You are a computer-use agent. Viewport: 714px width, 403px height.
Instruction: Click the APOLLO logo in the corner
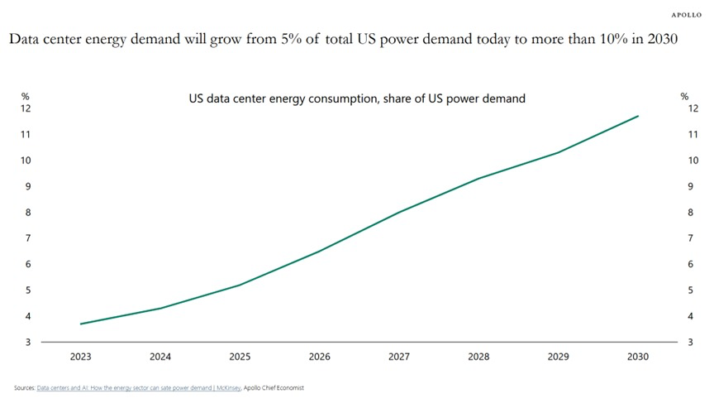tap(686, 15)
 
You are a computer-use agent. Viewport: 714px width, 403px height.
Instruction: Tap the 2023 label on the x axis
tap(81, 357)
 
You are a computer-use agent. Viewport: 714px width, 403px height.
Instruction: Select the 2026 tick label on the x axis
tap(319, 357)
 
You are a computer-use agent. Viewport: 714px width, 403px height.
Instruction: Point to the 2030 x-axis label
tap(637, 357)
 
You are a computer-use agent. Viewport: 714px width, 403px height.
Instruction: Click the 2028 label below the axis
tap(478, 357)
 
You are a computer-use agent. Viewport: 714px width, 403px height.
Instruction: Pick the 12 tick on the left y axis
tap(26, 108)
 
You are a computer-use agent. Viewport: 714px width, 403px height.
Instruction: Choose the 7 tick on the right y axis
tap(690, 238)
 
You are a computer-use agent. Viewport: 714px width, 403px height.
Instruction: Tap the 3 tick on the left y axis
tap(28, 342)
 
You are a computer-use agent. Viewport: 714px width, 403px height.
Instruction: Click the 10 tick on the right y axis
tap(693, 161)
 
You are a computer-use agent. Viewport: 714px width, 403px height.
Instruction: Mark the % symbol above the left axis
tap(26, 96)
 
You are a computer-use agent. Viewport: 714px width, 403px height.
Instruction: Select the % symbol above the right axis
tap(684, 96)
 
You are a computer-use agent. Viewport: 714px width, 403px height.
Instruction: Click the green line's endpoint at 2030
tap(638, 116)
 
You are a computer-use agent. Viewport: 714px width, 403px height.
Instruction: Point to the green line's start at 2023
tap(81, 324)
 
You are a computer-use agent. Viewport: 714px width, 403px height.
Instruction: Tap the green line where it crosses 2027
tap(399, 212)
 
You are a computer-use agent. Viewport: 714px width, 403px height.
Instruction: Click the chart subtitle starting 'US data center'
tap(357, 98)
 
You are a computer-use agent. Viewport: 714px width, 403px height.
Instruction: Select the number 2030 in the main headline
tap(663, 39)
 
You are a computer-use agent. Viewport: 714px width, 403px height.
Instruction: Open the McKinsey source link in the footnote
tap(139, 388)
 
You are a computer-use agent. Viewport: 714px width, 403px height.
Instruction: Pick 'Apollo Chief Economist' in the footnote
tap(274, 388)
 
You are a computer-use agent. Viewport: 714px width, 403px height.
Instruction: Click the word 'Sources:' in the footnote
tap(25, 388)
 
